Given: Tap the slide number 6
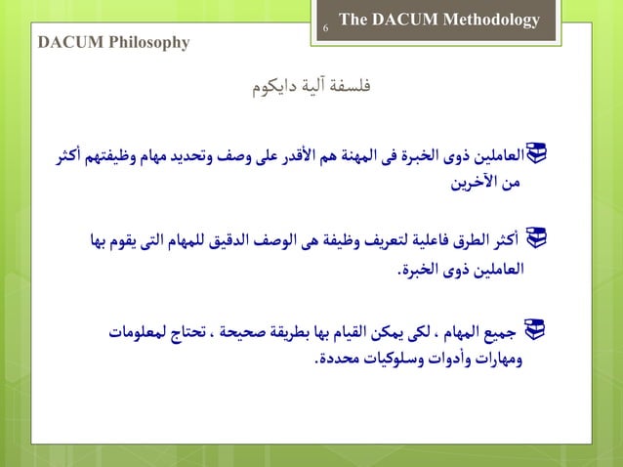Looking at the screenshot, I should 325,30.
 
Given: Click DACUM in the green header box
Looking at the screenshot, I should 404,21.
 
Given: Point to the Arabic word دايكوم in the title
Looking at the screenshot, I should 274,90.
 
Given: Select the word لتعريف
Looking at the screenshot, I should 373,238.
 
